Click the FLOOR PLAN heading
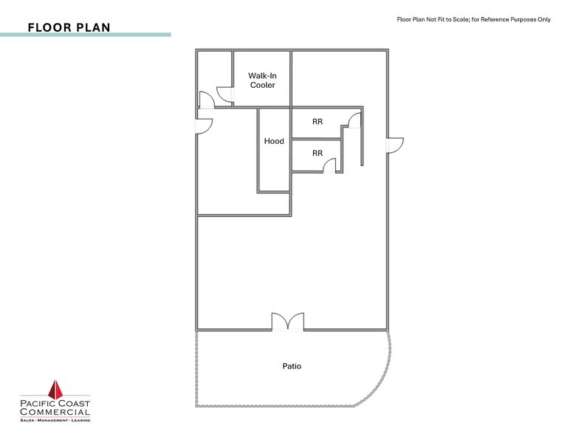click(x=69, y=27)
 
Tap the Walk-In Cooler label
click(x=262, y=80)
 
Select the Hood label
click(x=274, y=141)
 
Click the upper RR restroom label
click(x=317, y=122)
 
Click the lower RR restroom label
click(x=317, y=154)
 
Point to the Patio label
click(x=292, y=366)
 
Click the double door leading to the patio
click(x=287, y=322)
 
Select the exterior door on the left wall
click(x=205, y=125)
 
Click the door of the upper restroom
click(x=355, y=120)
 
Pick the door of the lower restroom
click(x=329, y=168)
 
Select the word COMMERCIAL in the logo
click(x=55, y=413)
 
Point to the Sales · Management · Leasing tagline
click(x=55, y=420)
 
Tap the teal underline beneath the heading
click(x=85, y=35)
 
